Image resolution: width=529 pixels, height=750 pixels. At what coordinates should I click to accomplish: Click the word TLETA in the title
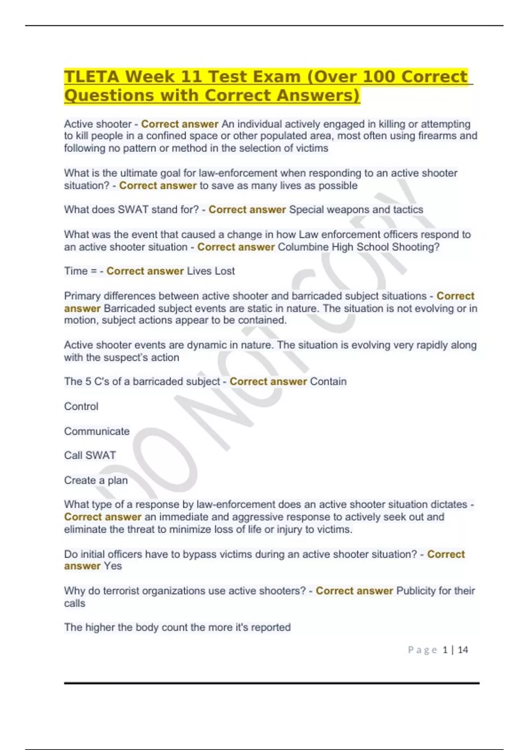click(x=92, y=77)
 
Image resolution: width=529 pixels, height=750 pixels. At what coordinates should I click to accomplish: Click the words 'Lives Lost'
click(x=211, y=271)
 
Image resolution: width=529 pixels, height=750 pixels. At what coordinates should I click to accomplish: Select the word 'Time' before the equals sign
click(x=76, y=271)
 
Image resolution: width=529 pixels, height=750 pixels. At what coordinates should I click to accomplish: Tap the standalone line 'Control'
click(x=81, y=406)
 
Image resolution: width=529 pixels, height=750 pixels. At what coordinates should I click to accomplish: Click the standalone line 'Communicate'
click(x=97, y=431)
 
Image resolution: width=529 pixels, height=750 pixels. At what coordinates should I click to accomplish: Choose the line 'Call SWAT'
click(x=90, y=455)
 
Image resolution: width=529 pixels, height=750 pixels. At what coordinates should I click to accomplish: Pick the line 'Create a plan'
click(x=96, y=480)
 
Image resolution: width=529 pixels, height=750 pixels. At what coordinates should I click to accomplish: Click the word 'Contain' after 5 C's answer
click(x=328, y=382)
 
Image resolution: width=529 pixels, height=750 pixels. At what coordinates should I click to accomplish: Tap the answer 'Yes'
click(x=113, y=566)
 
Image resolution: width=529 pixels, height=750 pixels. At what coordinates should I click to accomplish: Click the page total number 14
click(x=463, y=650)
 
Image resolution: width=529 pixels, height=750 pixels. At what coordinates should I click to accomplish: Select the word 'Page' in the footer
click(x=422, y=650)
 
